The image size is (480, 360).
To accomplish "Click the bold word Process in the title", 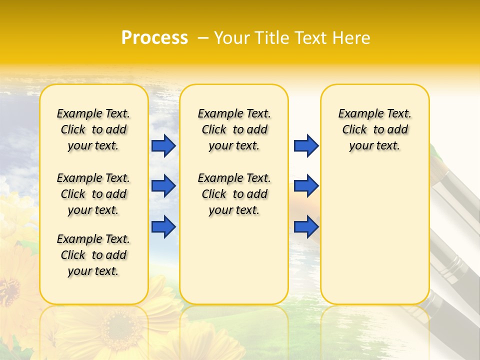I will click(154, 38).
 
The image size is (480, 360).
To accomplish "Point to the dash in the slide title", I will click(203, 38).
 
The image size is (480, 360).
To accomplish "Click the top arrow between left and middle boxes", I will click(163, 146).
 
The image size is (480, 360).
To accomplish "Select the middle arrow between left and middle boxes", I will click(163, 186).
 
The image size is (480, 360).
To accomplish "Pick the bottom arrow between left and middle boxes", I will click(163, 226).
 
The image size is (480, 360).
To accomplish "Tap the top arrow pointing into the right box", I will click(306, 146).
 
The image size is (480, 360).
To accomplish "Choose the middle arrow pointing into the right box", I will click(306, 186).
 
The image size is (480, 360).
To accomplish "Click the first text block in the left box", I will click(93, 129).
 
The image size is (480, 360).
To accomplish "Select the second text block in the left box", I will click(93, 194).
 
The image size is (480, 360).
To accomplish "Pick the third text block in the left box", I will click(93, 255).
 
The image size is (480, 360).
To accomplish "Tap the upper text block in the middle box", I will click(234, 129).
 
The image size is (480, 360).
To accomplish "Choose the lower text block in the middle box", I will click(234, 194).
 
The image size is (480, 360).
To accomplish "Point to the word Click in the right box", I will click(354, 130).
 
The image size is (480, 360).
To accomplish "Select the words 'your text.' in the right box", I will click(374, 146).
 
